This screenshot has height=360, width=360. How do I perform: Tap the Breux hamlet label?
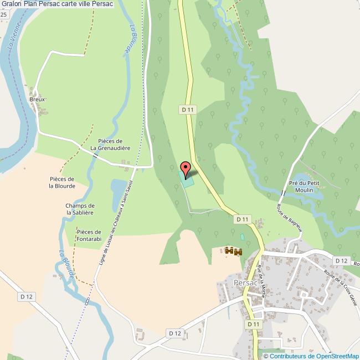pyautogui.click(x=37, y=99)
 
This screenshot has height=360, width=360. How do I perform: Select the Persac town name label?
pyautogui.click(x=246, y=282)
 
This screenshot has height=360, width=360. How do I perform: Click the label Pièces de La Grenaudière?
pyautogui.click(x=110, y=145)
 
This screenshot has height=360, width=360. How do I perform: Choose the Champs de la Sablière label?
pyautogui.click(x=81, y=209)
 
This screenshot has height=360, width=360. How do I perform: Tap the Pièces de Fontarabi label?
pyautogui.click(x=89, y=235)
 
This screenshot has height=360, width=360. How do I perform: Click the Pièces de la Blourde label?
pyautogui.click(x=61, y=182)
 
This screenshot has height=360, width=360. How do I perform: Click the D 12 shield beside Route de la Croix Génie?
pyautogui.click(x=341, y=260)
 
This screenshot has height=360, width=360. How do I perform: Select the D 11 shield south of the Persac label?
pyautogui.click(x=253, y=324)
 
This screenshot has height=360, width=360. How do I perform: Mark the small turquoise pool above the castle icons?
pyautogui.click(x=241, y=237)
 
